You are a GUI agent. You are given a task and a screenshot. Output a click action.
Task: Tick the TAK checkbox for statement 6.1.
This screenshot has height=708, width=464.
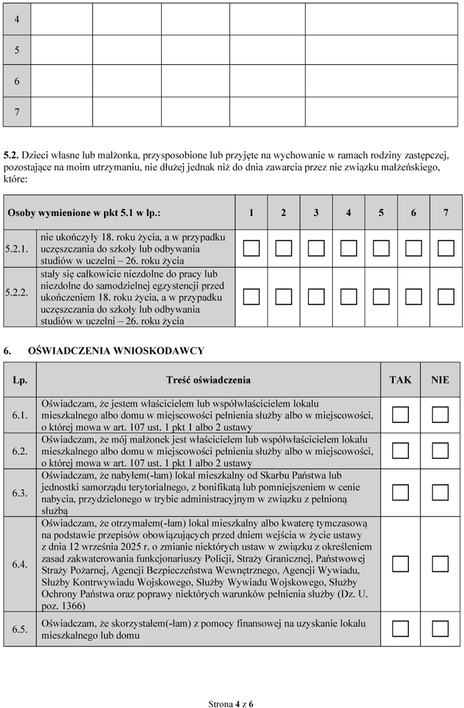click(x=400, y=415)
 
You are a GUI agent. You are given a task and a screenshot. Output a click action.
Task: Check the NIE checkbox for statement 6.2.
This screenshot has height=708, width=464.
click(x=440, y=451)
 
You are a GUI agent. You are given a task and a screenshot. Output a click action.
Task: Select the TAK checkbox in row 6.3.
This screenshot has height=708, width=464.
click(x=400, y=493)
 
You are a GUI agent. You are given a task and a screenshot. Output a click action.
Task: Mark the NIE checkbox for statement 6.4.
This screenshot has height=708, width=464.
click(x=440, y=564)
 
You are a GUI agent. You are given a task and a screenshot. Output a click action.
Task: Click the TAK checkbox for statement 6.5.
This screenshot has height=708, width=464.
click(x=400, y=628)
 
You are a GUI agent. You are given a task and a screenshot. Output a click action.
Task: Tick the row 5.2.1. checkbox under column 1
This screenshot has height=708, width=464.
click(x=251, y=249)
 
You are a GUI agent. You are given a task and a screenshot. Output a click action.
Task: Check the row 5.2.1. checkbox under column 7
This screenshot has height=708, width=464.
click(x=446, y=249)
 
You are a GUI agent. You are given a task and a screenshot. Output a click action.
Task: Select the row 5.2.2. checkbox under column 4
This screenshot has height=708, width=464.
click(x=349, y=296)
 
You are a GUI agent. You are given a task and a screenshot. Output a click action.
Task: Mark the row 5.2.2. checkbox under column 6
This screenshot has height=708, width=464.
click(x=414, y=296)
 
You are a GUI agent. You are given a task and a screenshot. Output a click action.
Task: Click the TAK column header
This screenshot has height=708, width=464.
click(x=400, y=380)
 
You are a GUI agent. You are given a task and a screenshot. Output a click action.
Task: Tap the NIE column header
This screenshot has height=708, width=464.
click(x=440, y=380)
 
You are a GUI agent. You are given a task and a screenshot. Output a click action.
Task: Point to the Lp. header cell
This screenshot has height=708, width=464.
click(x=20, y=380)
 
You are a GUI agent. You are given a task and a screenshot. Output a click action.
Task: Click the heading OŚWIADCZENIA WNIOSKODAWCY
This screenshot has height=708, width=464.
click(x=116, y=350)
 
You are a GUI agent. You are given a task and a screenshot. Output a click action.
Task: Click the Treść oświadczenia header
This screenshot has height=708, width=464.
click(x=208, y=380)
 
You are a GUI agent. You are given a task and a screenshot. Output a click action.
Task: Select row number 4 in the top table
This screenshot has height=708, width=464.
click(x=17, y=20)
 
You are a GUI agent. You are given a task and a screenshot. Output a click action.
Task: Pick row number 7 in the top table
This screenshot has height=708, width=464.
click(x=17, y=112)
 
